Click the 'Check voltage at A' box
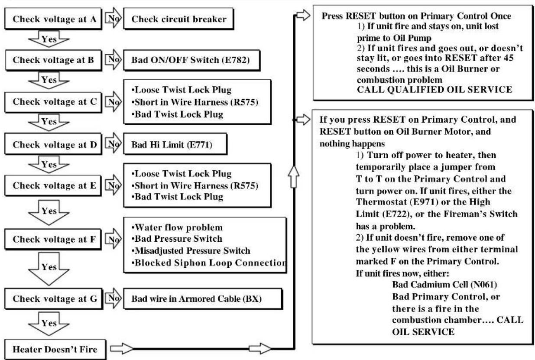(53, 19)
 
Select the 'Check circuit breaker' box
(178, 19)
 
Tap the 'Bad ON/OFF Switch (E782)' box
(192, 60)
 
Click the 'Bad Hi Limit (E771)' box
(175, 144)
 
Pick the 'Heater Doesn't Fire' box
(55, 349)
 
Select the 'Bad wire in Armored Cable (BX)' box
(203, 298)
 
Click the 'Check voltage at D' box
(53, 144)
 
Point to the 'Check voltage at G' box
(54, 298)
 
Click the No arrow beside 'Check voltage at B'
(113, 59)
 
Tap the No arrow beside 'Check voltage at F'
(113, 239)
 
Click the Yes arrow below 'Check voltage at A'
(49, 39)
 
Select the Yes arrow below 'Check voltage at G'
(49, 324)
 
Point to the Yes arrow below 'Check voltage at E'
(49, 212)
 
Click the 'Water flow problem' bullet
(177, 227)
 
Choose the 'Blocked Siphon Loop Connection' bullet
(209, 263)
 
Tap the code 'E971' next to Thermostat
(424, 202)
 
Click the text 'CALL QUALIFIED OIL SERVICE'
(434, 90)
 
